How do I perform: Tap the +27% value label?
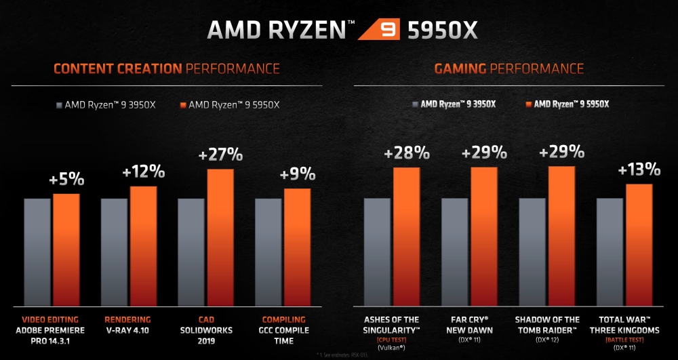point(220,155)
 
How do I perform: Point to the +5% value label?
point(66,180)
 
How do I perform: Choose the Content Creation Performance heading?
point(166,68)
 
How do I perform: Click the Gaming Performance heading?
point(509,68)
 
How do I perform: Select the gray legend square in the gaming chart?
point(414,104)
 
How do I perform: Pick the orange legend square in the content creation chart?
point(182,105)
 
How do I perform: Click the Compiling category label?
point(283,319)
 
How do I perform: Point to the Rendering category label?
point(128,319)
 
